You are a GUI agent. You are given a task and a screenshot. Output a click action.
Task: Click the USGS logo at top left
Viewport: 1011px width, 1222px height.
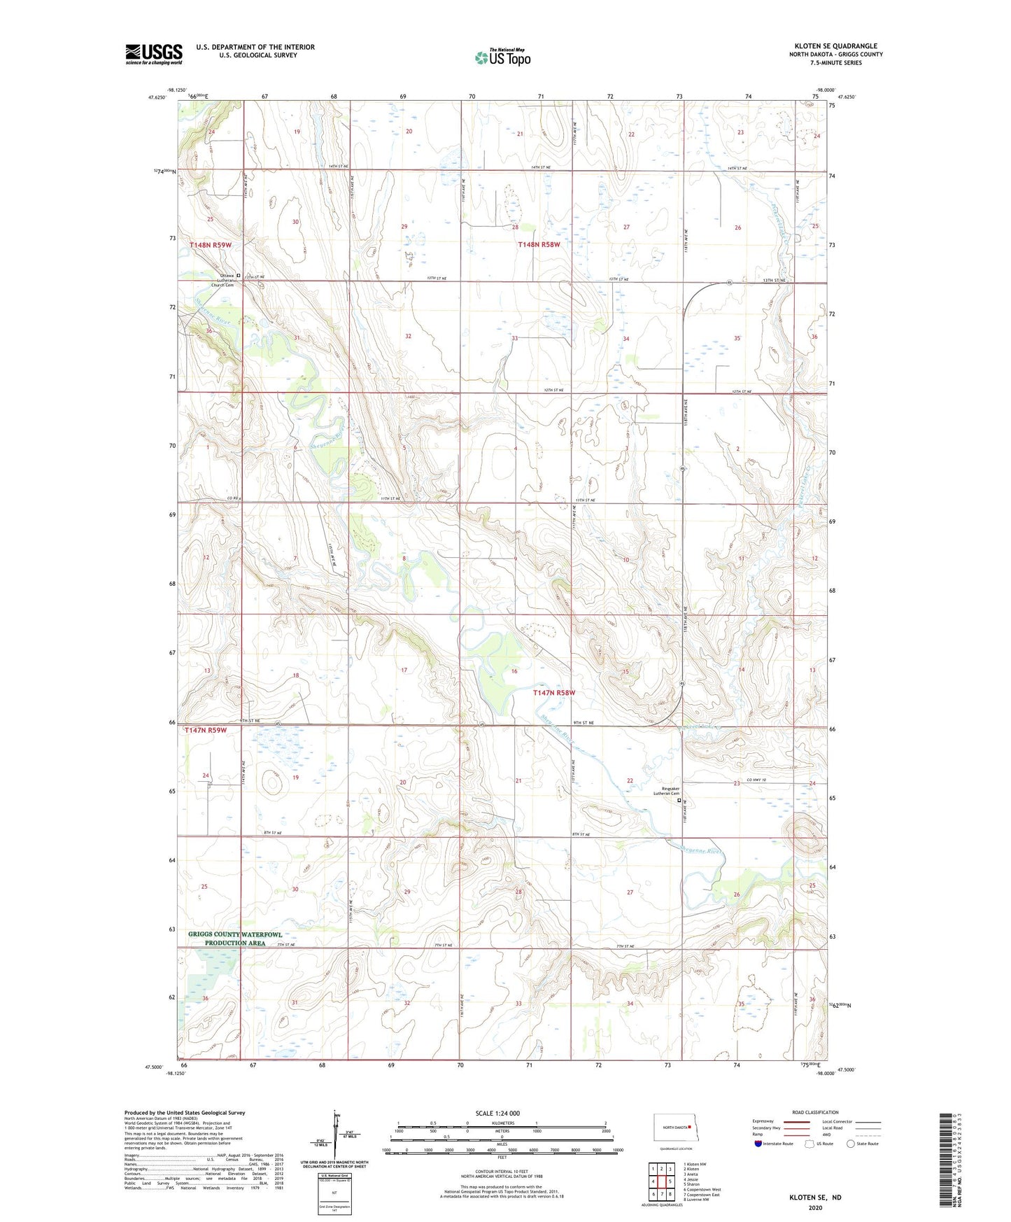click(x=153, y=54)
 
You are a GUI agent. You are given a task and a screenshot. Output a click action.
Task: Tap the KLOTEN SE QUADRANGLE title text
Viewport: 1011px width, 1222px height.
click(x=835, y=46)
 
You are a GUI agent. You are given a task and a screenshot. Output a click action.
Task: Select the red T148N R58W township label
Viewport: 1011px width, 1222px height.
click(x=539, y=244)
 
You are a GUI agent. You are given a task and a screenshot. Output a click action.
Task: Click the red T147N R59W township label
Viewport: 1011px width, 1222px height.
click(x=206, y=730)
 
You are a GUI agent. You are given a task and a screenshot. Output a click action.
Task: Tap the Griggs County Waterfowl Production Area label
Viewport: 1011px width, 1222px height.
click(x=235, y=939)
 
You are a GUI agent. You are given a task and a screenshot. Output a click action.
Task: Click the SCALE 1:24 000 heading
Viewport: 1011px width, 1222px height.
click(x=497, y=1114)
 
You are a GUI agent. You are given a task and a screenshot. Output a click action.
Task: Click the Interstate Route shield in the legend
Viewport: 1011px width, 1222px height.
click(x=758, y=1144)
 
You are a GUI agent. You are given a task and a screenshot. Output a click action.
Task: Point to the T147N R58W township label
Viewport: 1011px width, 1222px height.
click(x=554, y=692)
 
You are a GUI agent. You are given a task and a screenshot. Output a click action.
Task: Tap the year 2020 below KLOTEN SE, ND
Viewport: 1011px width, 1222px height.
click(x=815, y=1207)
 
